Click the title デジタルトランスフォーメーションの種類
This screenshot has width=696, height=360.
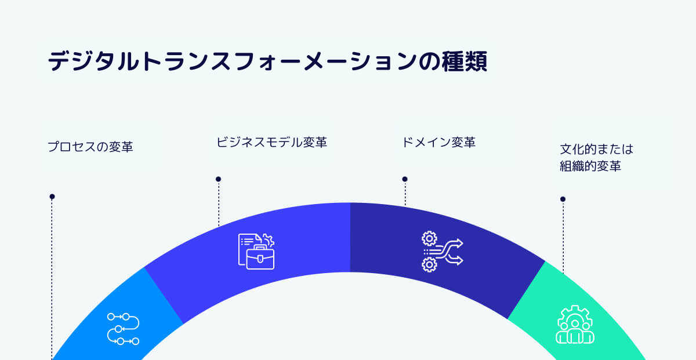point(267,61)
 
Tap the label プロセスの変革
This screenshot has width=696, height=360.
point(90,147)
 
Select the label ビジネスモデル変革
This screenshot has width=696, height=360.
point(271,142)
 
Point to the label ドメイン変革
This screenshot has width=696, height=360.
point(438,142)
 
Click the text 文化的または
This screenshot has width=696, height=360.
point(596,149)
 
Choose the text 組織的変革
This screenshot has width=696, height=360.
point(590,166)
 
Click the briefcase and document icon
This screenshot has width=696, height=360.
point(256,251)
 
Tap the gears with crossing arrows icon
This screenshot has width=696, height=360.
point(443,252)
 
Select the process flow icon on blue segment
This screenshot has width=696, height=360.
point(124,329)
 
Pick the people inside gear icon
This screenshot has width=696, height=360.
point(575,325)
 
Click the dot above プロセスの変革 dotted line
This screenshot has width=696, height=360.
point(52,197)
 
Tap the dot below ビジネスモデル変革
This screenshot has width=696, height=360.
point(219,179)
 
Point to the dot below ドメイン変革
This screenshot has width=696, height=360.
point(405,179)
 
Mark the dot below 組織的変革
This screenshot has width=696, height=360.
point(563,199)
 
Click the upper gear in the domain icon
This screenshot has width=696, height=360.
point(429,238)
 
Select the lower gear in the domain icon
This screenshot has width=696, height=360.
point(429,265)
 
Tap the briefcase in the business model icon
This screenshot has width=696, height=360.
point(260,257)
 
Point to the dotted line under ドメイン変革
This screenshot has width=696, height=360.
point(405,194)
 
